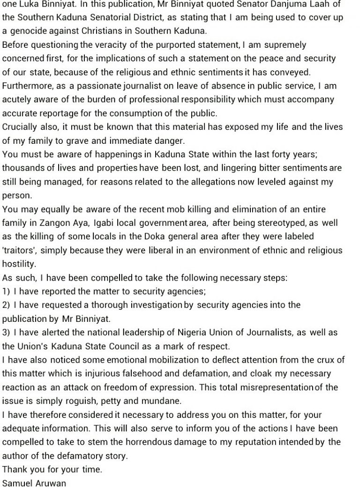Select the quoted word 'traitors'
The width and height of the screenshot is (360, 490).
coord(20,250)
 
